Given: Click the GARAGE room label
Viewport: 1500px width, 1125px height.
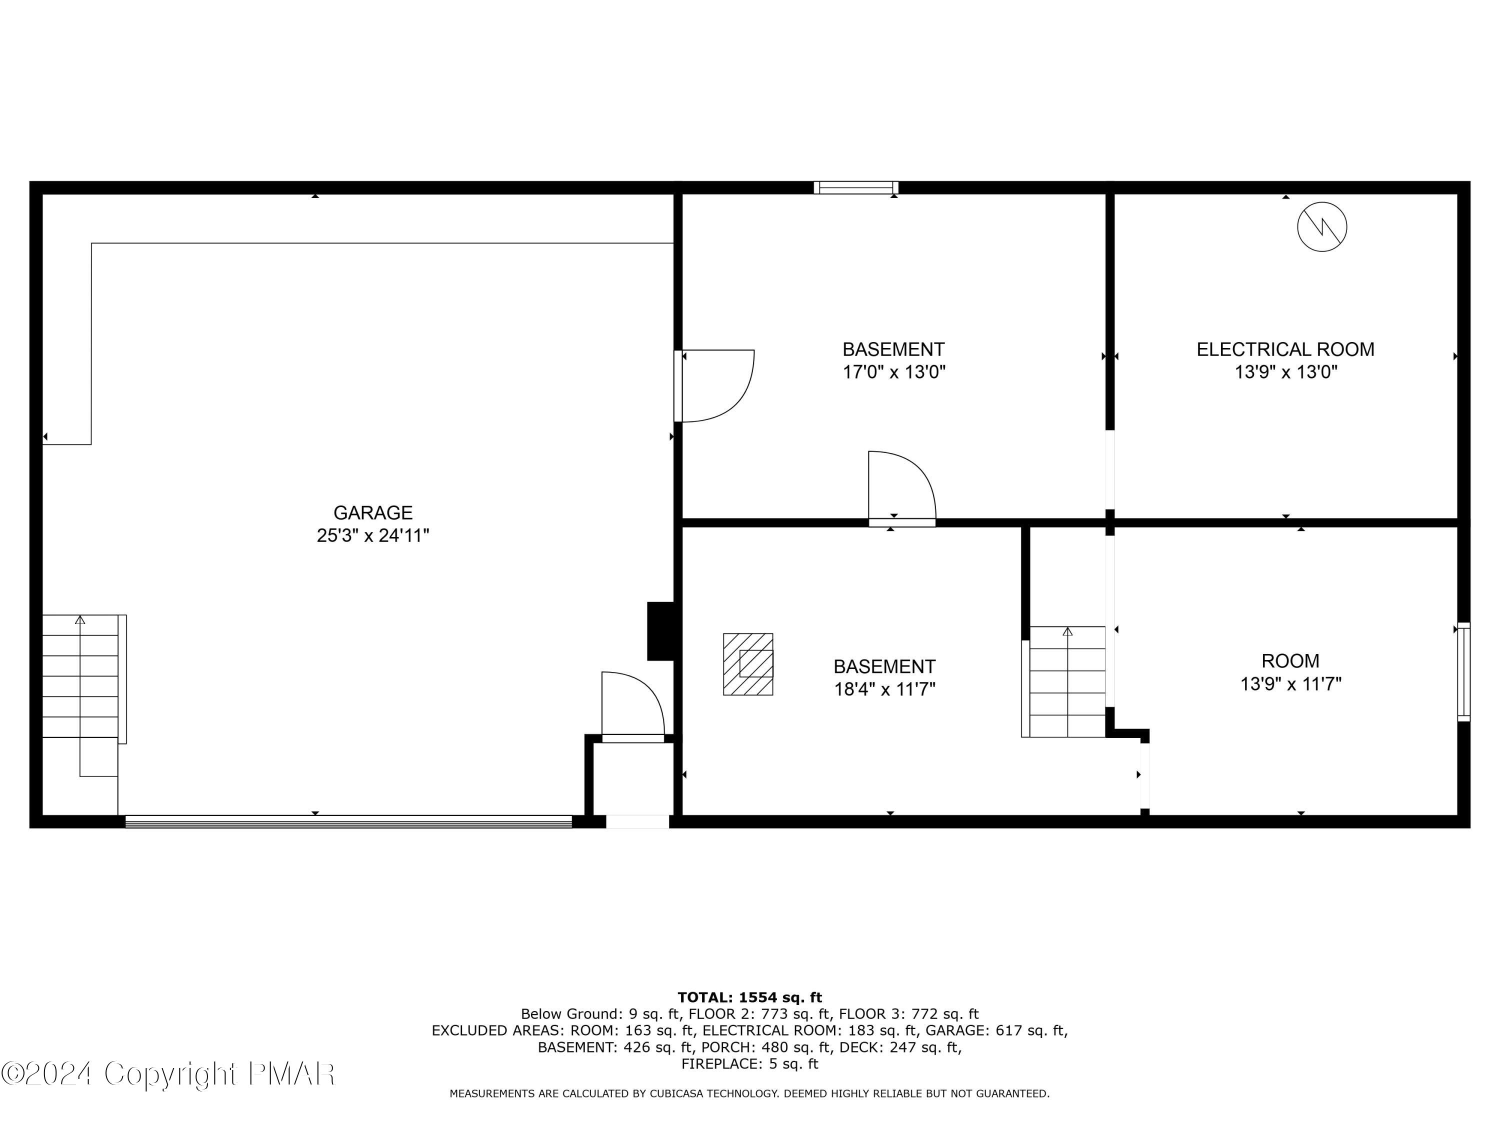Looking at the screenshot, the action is [373, 512].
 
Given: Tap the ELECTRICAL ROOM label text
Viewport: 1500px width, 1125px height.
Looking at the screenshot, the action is [1285, 349].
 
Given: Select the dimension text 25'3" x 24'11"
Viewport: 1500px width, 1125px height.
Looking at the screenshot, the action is [373, 535].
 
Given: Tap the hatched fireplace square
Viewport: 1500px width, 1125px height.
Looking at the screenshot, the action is [748, 664].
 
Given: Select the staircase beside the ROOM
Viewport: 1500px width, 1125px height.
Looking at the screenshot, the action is [1064, 681].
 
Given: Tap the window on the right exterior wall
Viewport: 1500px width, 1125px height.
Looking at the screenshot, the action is [1464, 671].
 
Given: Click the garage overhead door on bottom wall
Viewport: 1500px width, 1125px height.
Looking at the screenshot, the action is [348, 821].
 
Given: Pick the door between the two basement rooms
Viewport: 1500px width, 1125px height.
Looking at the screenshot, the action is [902, 488].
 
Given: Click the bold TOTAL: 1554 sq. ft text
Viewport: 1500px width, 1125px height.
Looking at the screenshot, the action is [749, 997].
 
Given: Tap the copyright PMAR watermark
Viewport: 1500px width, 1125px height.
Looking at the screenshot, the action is [168, 1073].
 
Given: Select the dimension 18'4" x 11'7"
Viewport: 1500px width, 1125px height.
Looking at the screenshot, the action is [884, 689].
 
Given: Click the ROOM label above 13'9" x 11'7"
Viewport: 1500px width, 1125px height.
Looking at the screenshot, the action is [1290, 660].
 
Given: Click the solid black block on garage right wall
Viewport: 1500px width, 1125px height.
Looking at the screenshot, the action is [660, 630].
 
